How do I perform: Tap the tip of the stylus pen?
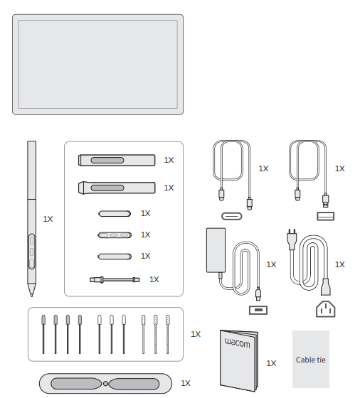[x=31, y=292]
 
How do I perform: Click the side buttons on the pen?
[x=32, y=249]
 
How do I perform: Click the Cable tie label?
[x=310, y=360]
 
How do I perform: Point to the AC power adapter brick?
[x=215, y=249]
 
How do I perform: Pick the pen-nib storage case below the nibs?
[x=105, y=382]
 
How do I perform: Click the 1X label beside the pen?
[x=48, y=220]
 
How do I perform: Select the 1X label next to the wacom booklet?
[x=271, y=363]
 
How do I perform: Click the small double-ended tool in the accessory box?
[x=115, y=280]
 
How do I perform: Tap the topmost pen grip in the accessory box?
[x=116, y=160]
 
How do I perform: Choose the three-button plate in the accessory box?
[x=115, y=235]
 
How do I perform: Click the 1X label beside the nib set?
[x=196, y=333]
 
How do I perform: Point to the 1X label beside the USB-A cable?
[x=339, y=168]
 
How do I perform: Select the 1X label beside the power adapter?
[x=271, y=264]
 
